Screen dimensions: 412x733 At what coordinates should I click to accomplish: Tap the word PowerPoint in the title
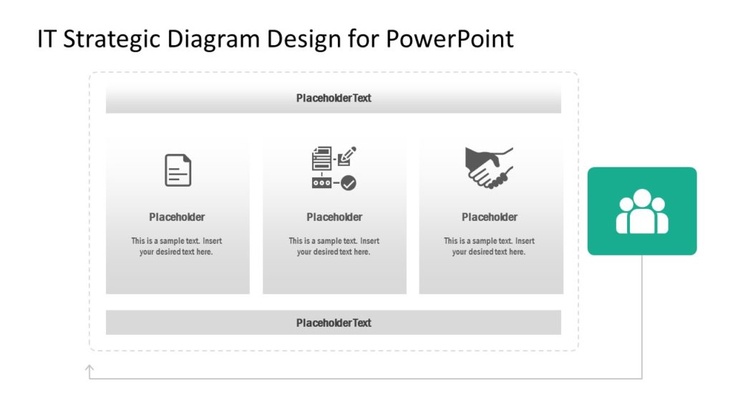450,39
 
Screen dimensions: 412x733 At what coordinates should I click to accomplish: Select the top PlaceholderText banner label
334,98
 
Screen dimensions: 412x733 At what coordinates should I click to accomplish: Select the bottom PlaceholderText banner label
334,323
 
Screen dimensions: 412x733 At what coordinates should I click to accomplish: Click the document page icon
178,170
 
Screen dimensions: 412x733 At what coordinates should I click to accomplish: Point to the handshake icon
490,167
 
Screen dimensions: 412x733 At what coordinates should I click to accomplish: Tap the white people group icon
642,212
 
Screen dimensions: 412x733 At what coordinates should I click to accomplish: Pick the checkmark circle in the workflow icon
349,183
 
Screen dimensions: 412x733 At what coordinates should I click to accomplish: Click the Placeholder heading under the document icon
177,217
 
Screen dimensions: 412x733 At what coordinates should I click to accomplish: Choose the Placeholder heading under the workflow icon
334,217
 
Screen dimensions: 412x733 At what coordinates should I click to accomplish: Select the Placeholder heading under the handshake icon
490,217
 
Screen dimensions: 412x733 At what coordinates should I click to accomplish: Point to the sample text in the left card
177,246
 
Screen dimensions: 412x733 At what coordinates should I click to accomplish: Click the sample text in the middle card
334,246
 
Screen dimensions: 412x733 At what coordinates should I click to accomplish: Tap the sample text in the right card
490,246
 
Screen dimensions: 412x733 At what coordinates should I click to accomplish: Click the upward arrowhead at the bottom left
89,368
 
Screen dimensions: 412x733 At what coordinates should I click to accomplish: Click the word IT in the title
47,39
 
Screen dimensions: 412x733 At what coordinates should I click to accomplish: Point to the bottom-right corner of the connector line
641,378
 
